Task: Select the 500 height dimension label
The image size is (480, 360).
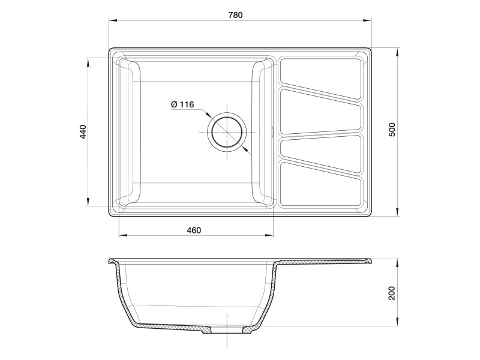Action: [392, 130]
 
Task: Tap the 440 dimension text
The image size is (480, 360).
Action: [83, 132]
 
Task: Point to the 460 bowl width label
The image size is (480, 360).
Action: [193, 230]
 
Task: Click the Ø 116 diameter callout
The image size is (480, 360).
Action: [182, 104]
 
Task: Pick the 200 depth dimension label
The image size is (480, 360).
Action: [392, 293]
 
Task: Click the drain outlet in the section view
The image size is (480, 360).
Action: [227, 331]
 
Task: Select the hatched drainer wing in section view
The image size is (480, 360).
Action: [324, 262]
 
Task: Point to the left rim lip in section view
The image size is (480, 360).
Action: [112, 262]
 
